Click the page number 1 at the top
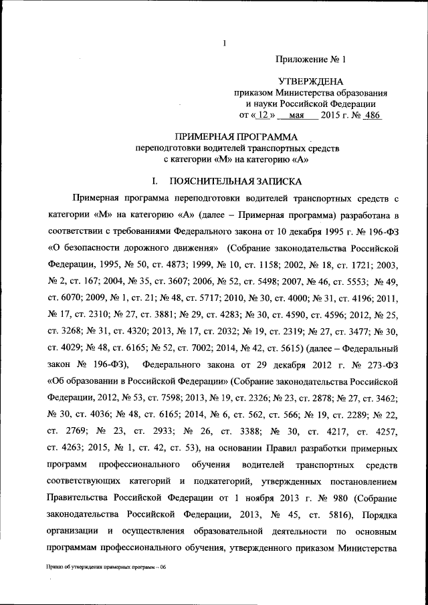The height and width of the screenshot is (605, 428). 225,45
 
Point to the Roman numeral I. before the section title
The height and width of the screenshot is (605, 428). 154,181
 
